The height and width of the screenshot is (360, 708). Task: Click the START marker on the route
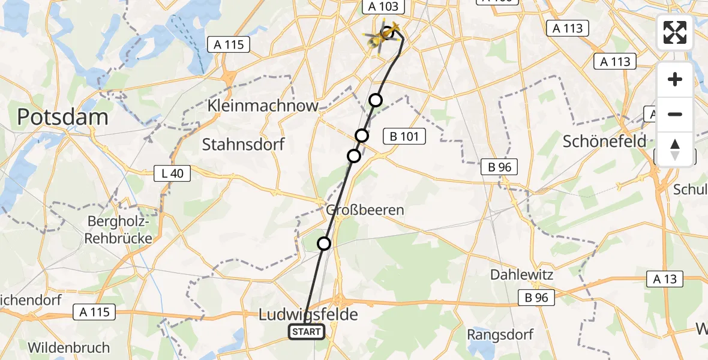(x=307, y=332)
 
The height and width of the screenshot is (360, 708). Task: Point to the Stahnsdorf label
(x=243, y=145)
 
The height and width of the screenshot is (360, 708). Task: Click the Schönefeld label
(x=605, y=141)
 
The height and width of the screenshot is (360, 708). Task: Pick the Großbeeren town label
(x=357, y=210)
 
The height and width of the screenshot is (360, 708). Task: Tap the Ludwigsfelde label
(x=308, y=314)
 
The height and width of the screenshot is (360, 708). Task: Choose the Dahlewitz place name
(x=521, y=275)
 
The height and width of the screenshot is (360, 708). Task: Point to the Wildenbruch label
(x=69, y=347)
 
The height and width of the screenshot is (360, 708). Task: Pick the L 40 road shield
(x=172, y=174)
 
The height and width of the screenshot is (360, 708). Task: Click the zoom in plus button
(x=675, y=79)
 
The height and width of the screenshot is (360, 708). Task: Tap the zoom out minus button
(x=675, y=114)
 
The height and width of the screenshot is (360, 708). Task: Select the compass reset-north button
(x=675, y=149)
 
